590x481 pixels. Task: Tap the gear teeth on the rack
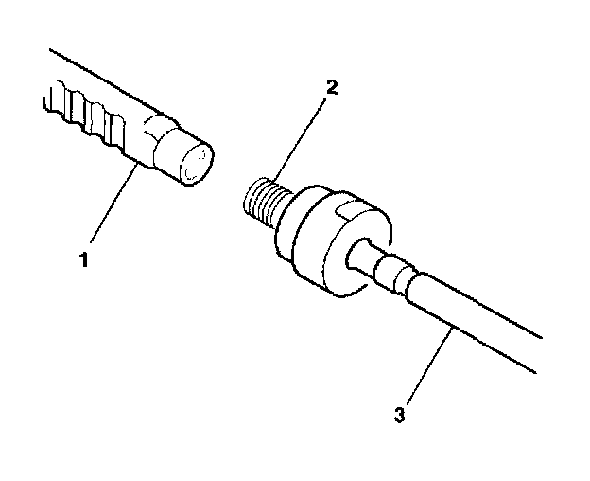pos(85,115)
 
